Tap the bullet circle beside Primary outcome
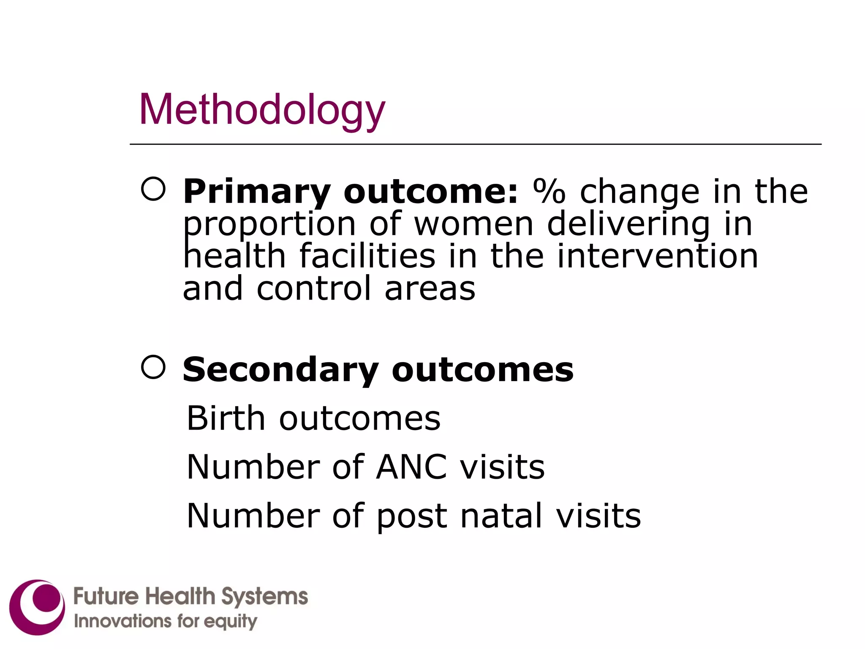click(153, 188)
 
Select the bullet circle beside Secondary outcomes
click(153, 367)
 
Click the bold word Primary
click(257, 192)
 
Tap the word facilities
click(367, 256)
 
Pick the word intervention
click(658, 256)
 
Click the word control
click(313, 289)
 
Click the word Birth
click(226, 418)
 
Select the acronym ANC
click(411, 467)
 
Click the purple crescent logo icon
click(37, 607)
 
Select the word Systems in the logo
click(265, 597)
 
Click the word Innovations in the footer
click(123, 621)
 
